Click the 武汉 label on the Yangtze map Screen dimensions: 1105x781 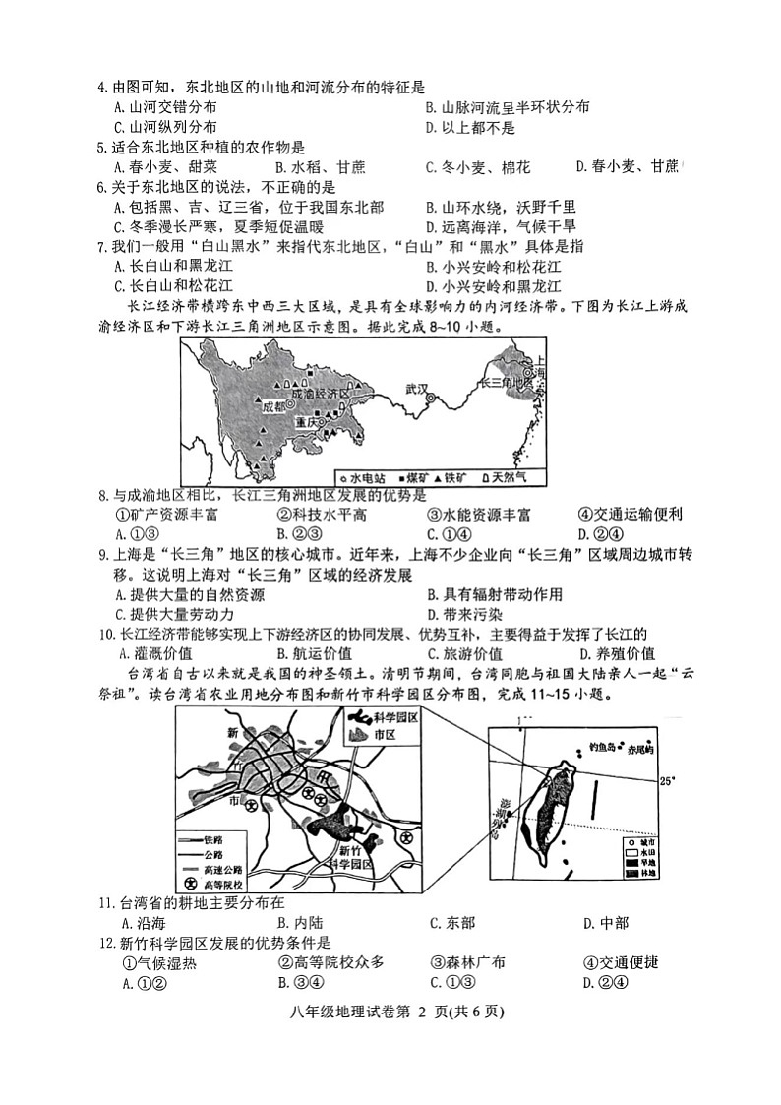(x=416, y=389)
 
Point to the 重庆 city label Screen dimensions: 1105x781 (x=305, y=422)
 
